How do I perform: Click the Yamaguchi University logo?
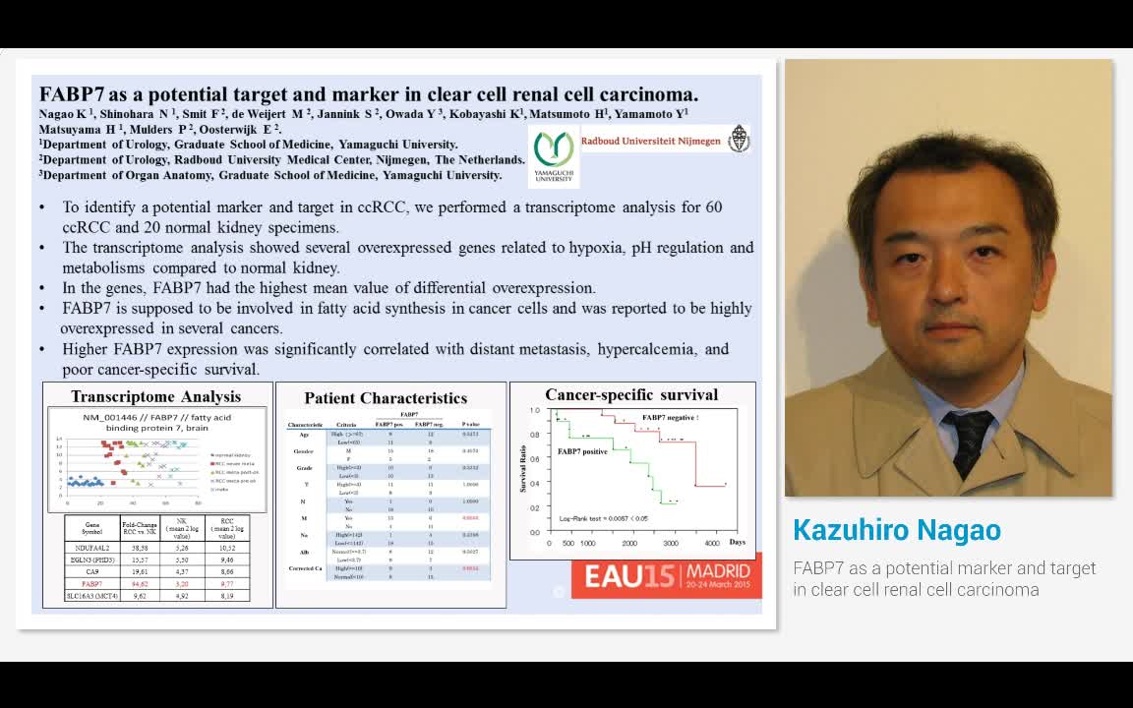tap(554, 154)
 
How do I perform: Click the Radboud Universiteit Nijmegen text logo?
tap(650, 141)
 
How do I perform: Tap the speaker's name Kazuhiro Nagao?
tap(896, 530)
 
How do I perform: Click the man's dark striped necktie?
tap(968, 442)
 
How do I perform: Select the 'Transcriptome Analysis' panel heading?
tap(155, 397)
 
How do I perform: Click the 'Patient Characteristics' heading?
tap(386, 398)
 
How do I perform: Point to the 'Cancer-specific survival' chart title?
tap(631, 395)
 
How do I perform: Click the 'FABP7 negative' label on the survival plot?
tap(670, 418)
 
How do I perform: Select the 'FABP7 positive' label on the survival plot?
tap(582, 451)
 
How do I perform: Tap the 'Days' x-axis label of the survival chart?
tap(737, 542)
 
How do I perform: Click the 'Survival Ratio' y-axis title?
tap(523, 468)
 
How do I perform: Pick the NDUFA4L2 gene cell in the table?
tap(90, 548)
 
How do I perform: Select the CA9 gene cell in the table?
tap(90, 571)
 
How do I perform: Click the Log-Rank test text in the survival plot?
tap(603, 518)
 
